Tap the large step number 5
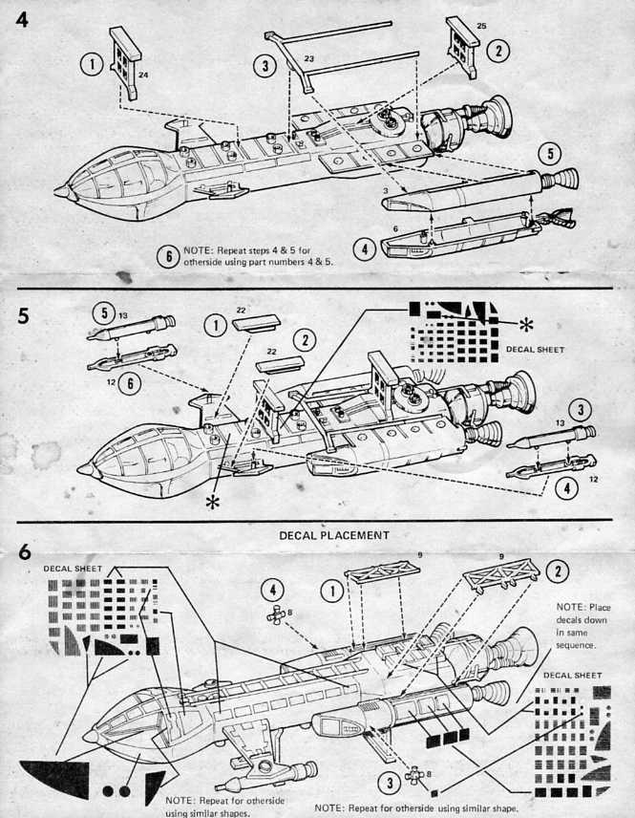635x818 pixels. tap(22, 315)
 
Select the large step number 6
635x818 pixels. tap(21, 552)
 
